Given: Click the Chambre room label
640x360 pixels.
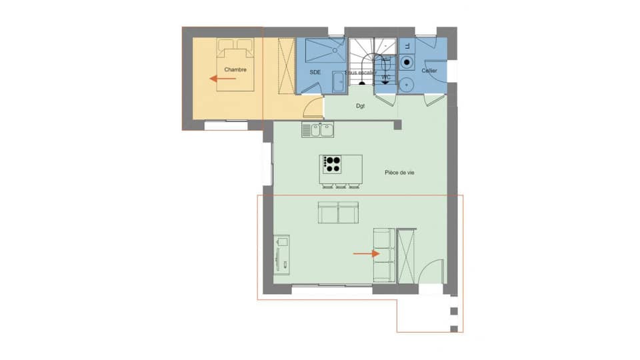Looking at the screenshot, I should pyautogui.click(x=235, y=69).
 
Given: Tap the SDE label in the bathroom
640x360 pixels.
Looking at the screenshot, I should pyautogui.click(x=316, y=71).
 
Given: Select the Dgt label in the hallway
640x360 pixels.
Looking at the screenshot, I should pyautogui.click(x=360, y=106).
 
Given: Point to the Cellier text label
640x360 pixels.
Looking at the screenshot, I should pyautogui.click(x=429, y=71).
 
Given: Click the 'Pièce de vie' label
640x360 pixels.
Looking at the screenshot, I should pyautogui.click(x=400, y=173).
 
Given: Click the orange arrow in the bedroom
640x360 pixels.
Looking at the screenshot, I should pyautogui.click(x=223, y=79).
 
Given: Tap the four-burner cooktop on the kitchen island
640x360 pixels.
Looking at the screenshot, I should pyautogui.click(x=331, y=162).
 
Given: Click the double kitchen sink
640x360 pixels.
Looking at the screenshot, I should pyautogui.click(x=318, y=130).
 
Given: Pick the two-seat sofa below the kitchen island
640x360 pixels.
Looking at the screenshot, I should pyautogui.click(x=338, y=213).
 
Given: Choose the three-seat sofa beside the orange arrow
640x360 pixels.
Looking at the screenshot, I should pyautogui.click(x=384, y=255).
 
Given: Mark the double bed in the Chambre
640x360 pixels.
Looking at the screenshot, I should pyautogui.click(x=235, y=63).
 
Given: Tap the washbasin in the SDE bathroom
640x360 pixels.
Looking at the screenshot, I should pyautogui.click(x=338, y=83).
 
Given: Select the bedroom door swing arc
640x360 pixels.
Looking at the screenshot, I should pyautogui.click(x=312, y=107).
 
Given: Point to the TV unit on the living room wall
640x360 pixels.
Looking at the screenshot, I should pyautogui.click(x=281, y=253).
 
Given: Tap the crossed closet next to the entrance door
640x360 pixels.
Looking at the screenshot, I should pyautogui.click(x=406, y=256).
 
